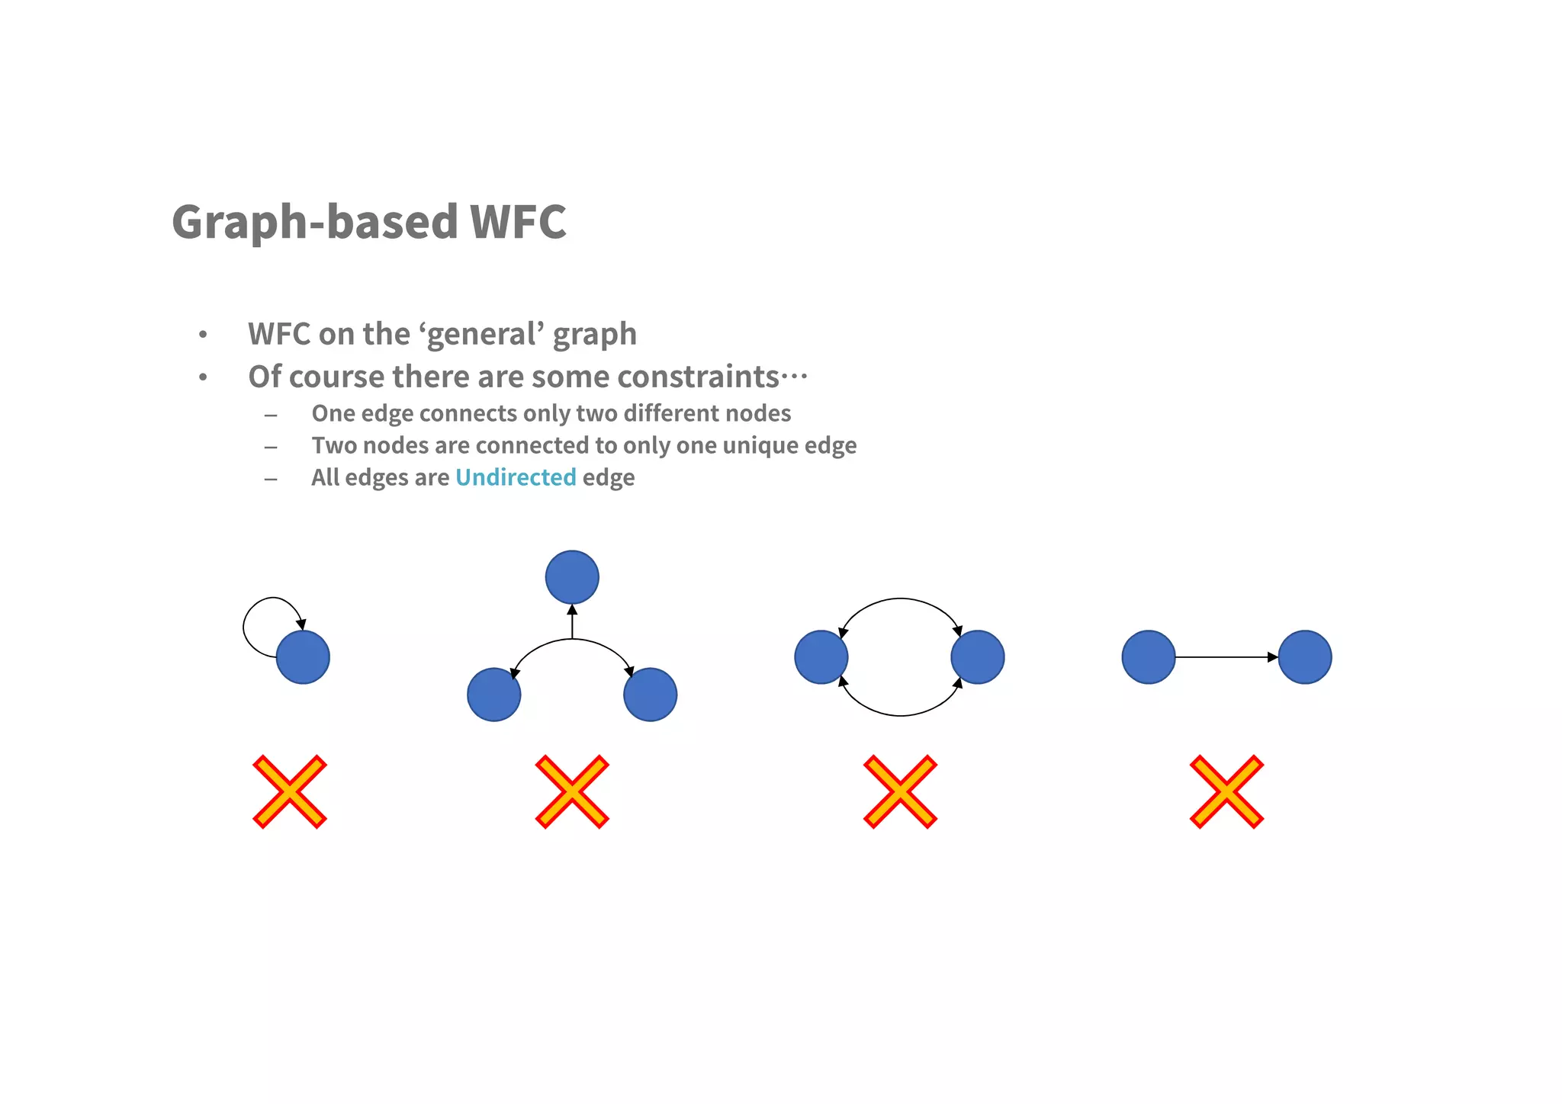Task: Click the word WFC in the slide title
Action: pyautogui.click(x=517, y=222)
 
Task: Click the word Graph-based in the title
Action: pyautogui.click(x=314, y=222)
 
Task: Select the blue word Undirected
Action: pyautogui.click(x=516, y=477)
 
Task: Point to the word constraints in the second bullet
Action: pyautogui.click(x=697, y=377)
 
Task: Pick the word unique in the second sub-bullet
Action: pyautogui.click(x=758, y=445)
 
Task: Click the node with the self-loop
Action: pyautogui.click(x=303, y=657)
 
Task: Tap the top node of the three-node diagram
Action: pyautogui.click(x=572, y=577)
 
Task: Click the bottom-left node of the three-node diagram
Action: pyautogui.click(x=494, y=695)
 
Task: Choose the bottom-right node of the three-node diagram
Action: pyautogui.click(x=650, y=695)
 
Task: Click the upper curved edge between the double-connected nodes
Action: pyautogui.click(x=900, y=599)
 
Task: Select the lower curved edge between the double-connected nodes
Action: pyautogui.click(x=900, y=715)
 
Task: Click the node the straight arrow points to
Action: pyautogui.click(x=1304, y=657)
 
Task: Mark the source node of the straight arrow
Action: pyautogui.click(x=1149, y=657)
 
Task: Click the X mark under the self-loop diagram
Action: pyautogui.click(x=290, y=791)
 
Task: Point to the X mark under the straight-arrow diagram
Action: pyautogui.click(x=1226, y=791)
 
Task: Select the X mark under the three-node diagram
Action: pyautogui.click(x=572, y=791)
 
